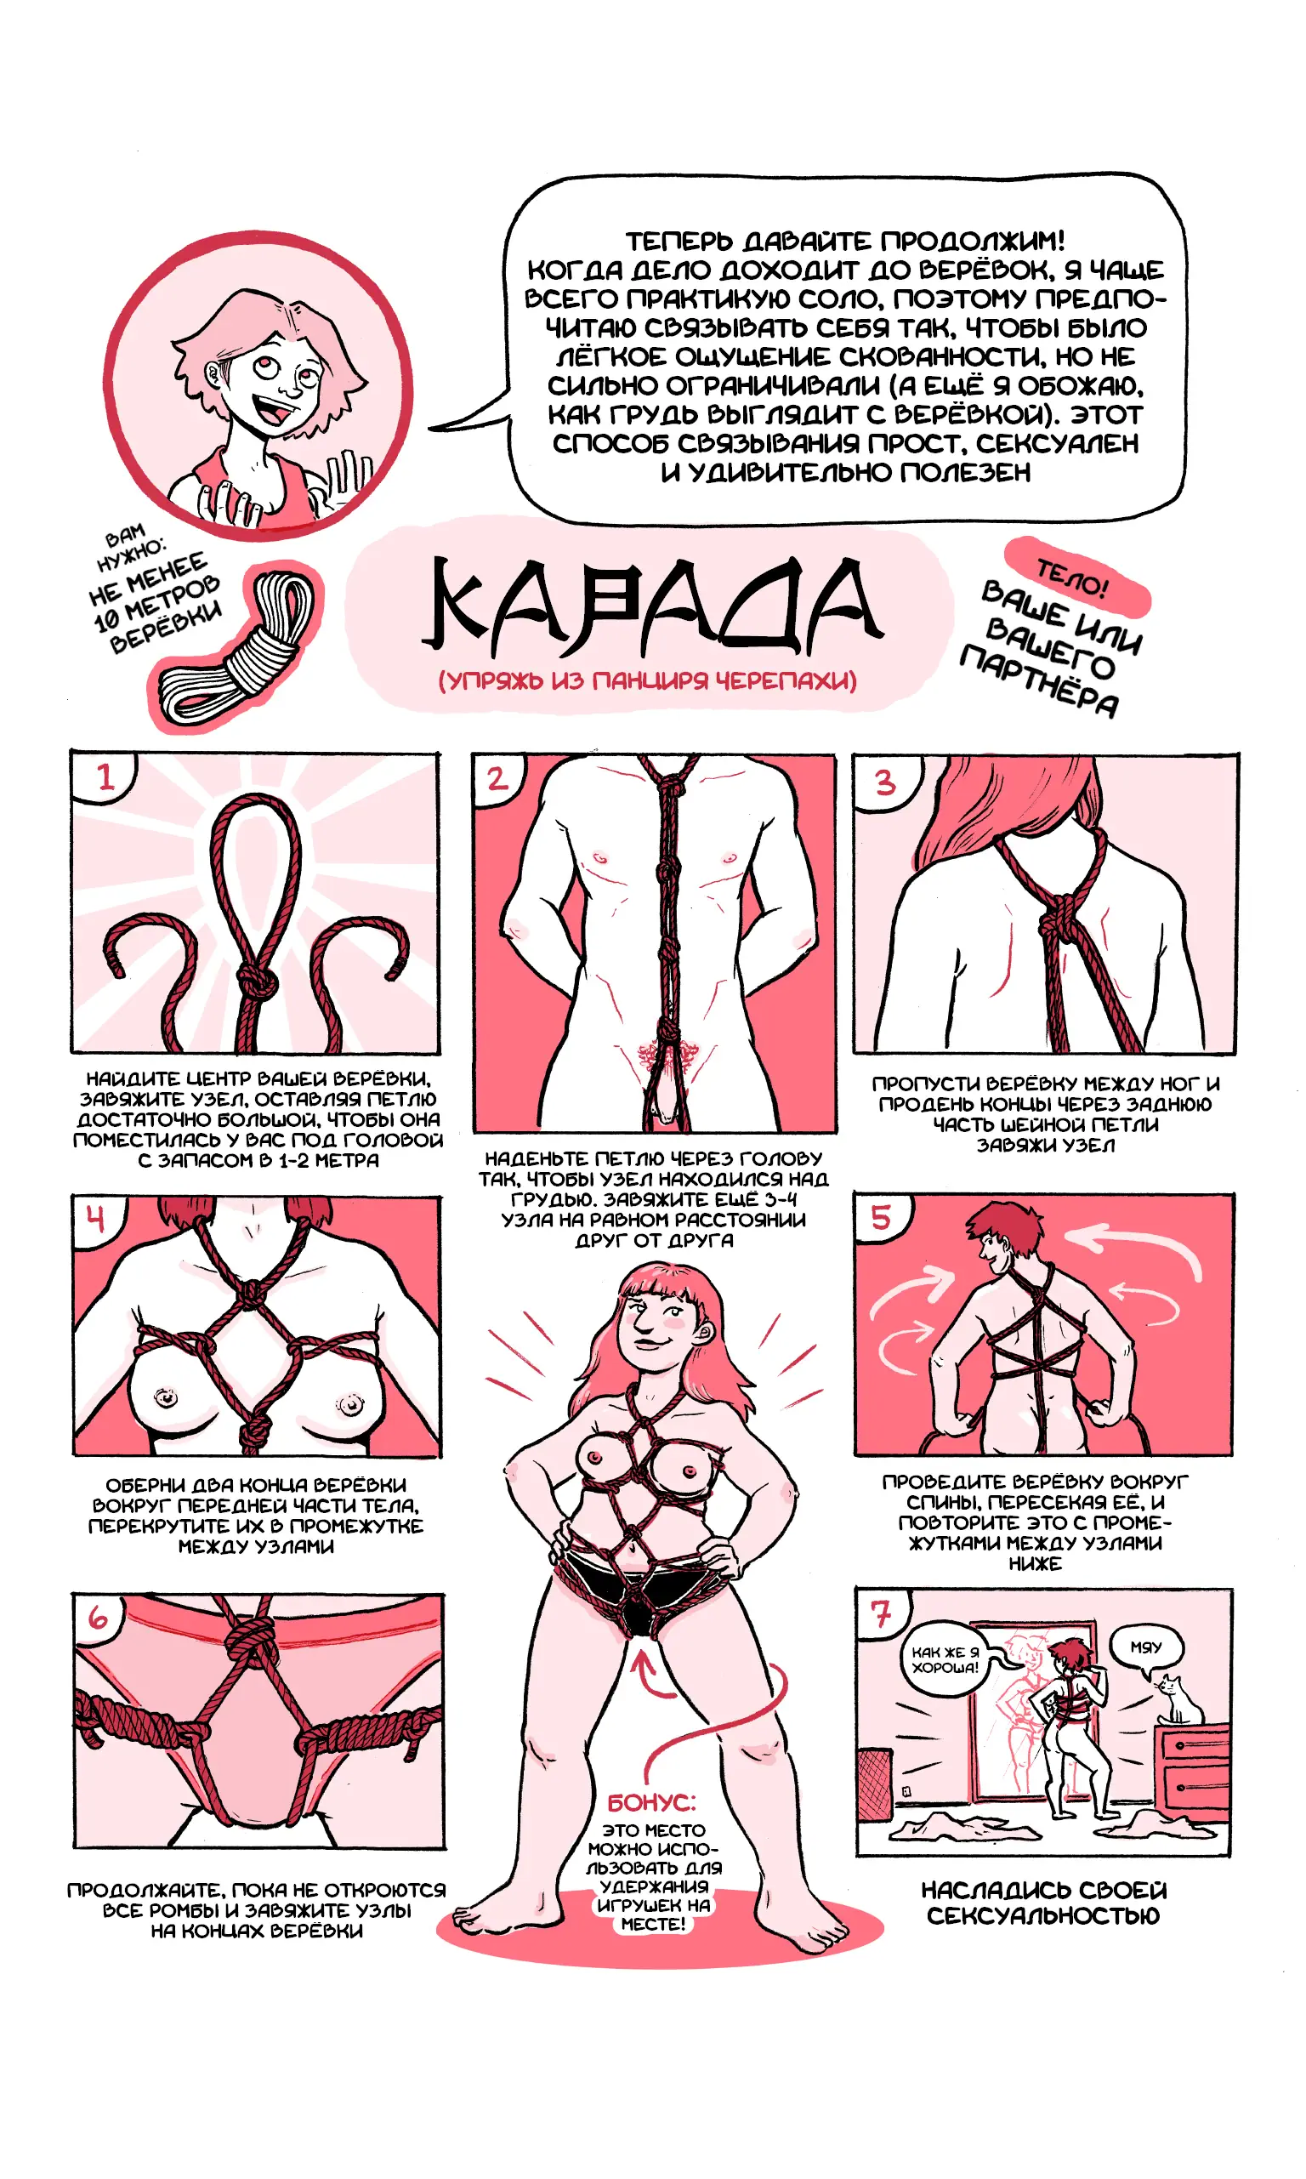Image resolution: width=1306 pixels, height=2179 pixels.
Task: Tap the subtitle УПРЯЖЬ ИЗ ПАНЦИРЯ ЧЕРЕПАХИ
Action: pos(648,680)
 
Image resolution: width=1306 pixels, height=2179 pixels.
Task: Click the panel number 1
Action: pos(105,777)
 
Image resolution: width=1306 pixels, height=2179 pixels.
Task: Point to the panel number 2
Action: pos(497,778)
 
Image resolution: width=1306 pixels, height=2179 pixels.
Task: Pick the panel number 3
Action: pos(884,782)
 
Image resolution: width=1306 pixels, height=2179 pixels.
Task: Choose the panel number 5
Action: pos(881,1217)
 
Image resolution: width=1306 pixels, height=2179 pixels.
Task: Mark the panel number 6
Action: pos(98,1617)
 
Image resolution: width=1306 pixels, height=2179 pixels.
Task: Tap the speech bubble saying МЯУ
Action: pos(1146,1647)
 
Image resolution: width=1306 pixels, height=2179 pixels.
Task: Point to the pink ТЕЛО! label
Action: pos(1076,577)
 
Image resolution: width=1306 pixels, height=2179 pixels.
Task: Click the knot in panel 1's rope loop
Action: pos(257,979)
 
